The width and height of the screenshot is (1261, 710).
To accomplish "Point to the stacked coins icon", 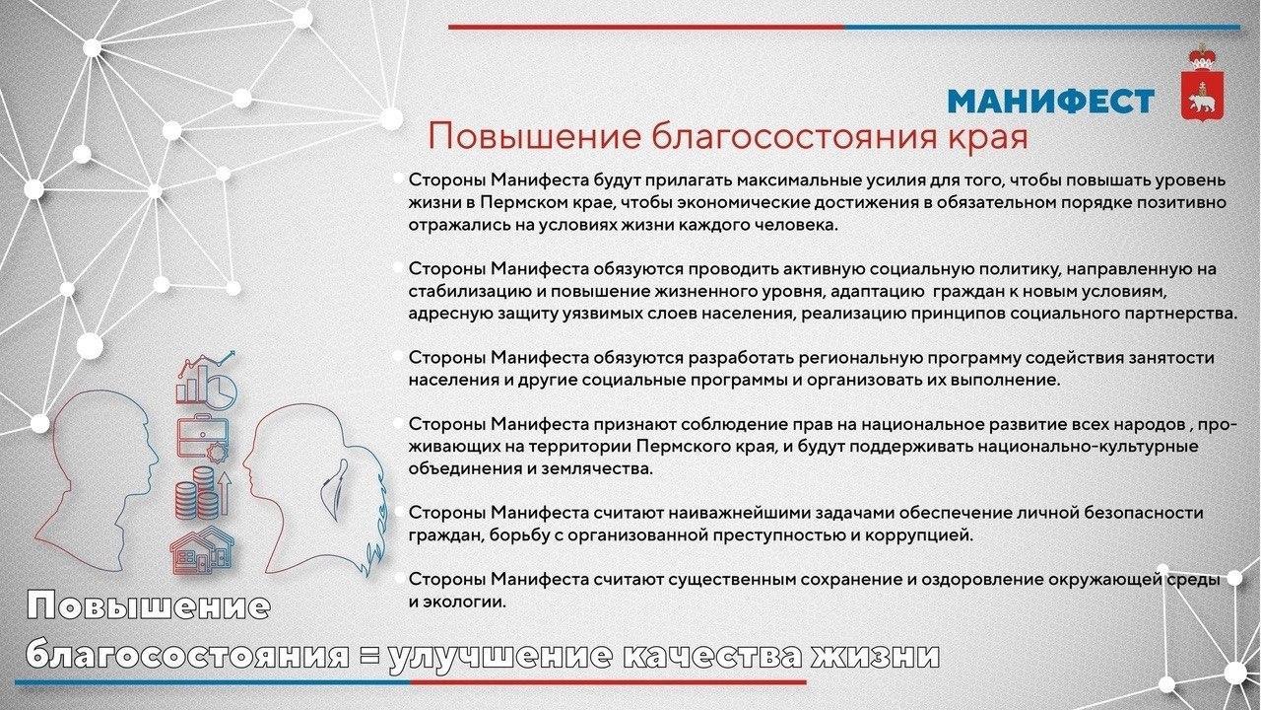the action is pyautogui.click(x=203, y=494).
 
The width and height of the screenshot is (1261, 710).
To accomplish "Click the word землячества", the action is pyautogui.click(x=597, y=468).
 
